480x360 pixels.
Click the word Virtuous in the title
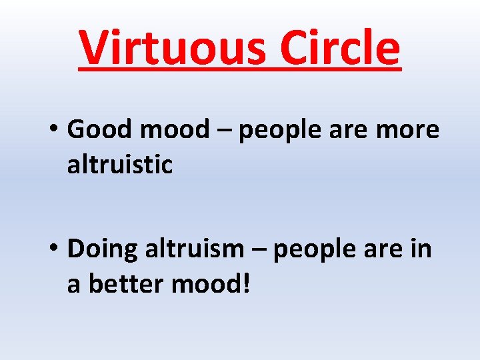173,48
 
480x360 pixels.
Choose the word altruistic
120,165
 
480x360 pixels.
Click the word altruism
195,249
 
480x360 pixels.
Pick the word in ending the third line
423,249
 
